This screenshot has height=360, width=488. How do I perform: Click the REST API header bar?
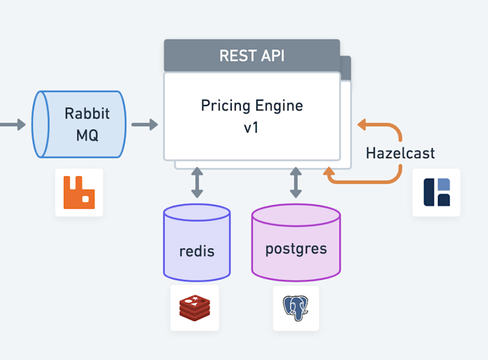point(251,56)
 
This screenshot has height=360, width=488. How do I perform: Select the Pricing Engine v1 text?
point(251,115)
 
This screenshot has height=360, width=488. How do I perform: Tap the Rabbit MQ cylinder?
point(79,124)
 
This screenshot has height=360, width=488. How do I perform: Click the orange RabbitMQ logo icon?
point(79,192)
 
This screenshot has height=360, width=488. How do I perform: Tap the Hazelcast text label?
point(400,153)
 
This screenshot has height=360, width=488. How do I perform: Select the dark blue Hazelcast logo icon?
point(437,192)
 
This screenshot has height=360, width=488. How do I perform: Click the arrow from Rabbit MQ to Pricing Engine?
point(145,125)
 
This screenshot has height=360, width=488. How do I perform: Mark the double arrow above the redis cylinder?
point(196,182)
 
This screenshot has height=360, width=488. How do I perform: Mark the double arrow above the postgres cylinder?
point(296,182)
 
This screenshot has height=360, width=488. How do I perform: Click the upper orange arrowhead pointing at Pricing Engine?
point(362,125)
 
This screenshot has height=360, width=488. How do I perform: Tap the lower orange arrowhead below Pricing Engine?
point(330,176)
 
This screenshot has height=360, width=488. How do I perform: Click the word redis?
point(196,251)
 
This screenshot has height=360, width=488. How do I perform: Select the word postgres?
point(296,249)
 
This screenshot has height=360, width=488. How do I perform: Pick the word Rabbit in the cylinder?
point(87,113)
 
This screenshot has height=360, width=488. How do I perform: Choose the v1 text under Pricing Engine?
point(251,128)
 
